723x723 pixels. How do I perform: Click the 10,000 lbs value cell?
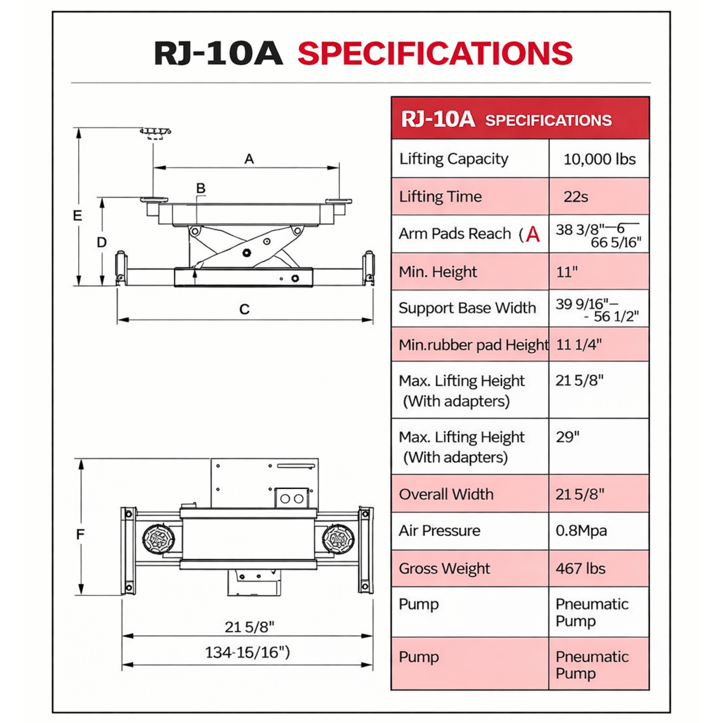pyautogui.click(x=599, y=159)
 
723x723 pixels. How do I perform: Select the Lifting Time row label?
pyautogui.click(x=440, y=196)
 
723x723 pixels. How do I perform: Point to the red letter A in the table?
pyautogui.click(x=532, y=235)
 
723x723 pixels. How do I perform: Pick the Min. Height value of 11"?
pyautogui.click(x=566, y=272)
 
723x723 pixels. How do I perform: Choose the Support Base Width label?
pyautogui.click(x=467, y=308)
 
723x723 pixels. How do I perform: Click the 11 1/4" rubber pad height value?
pyautogui.click(x=578, y=344)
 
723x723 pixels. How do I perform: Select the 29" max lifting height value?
pyautogui.click(x=567, y=437)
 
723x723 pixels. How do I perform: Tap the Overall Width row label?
pyautogui.click(x=446, y=494)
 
